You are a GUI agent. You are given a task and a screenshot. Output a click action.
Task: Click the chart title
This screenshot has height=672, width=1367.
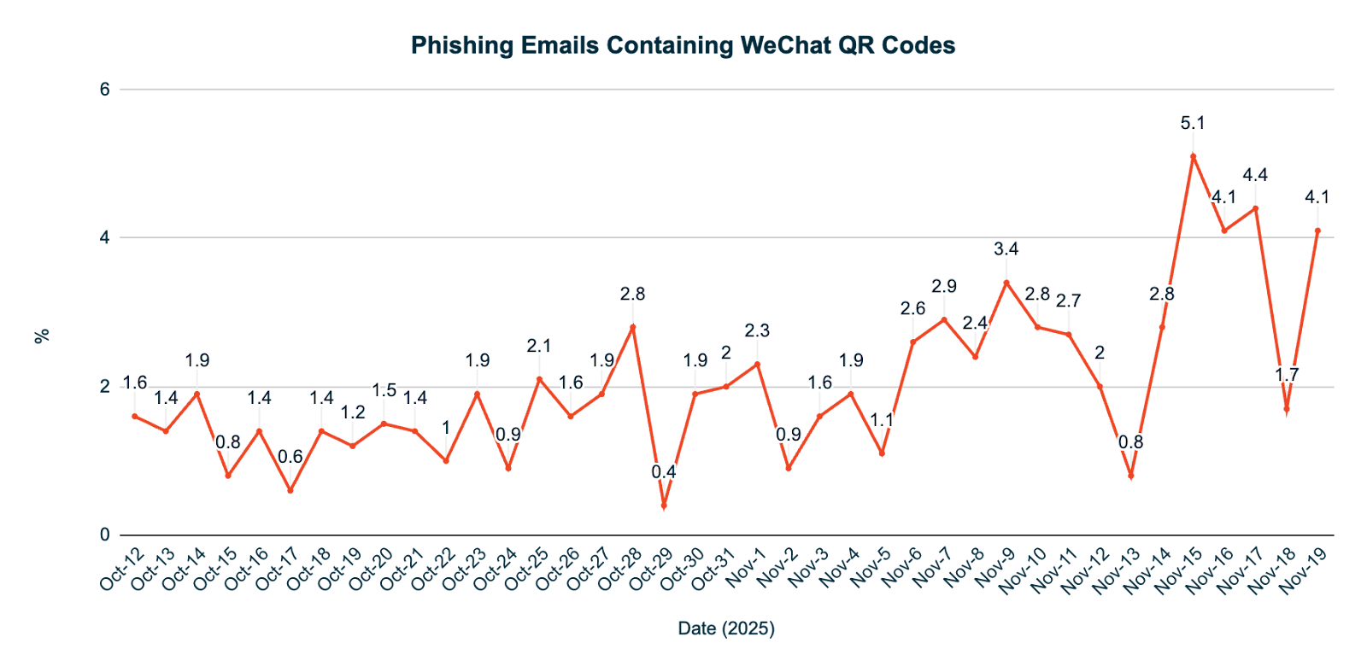683,45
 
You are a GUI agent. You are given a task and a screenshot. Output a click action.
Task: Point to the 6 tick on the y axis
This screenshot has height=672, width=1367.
105,89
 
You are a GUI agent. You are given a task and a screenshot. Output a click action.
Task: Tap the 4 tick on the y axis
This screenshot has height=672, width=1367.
105,237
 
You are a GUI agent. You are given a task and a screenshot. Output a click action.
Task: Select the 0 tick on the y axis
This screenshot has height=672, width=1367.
105,535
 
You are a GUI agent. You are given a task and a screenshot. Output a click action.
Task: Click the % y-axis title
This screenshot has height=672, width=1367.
41,336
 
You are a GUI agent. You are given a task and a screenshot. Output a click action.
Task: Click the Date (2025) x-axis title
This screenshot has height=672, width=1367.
726,629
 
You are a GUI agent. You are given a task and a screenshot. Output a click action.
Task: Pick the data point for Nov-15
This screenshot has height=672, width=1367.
1193,155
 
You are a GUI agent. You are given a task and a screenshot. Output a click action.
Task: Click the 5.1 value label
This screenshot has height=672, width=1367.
1193,123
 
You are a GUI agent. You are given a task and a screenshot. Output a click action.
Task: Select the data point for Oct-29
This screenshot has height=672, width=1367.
664,506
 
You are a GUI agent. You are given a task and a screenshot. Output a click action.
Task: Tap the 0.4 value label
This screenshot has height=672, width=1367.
664,471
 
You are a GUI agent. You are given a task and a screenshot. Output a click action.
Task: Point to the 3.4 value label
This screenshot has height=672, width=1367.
1006,248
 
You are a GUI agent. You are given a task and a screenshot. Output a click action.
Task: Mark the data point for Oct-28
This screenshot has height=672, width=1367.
632,326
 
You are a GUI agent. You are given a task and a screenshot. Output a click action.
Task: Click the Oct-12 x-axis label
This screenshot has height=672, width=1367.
121,569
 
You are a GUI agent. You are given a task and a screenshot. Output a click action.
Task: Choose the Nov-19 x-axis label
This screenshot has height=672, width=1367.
1305,570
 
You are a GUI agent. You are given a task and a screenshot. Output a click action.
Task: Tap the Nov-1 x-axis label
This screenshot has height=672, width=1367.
746,567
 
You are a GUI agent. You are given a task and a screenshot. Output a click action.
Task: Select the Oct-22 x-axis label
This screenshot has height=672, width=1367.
432,569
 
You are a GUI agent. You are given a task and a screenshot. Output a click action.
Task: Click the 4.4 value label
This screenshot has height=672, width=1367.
1254,175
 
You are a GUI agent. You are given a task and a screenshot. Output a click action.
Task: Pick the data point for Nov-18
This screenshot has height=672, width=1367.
1286,410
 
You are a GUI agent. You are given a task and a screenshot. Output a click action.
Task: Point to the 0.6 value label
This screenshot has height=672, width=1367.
290,457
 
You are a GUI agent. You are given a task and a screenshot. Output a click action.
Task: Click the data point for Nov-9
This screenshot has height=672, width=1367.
1006,282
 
